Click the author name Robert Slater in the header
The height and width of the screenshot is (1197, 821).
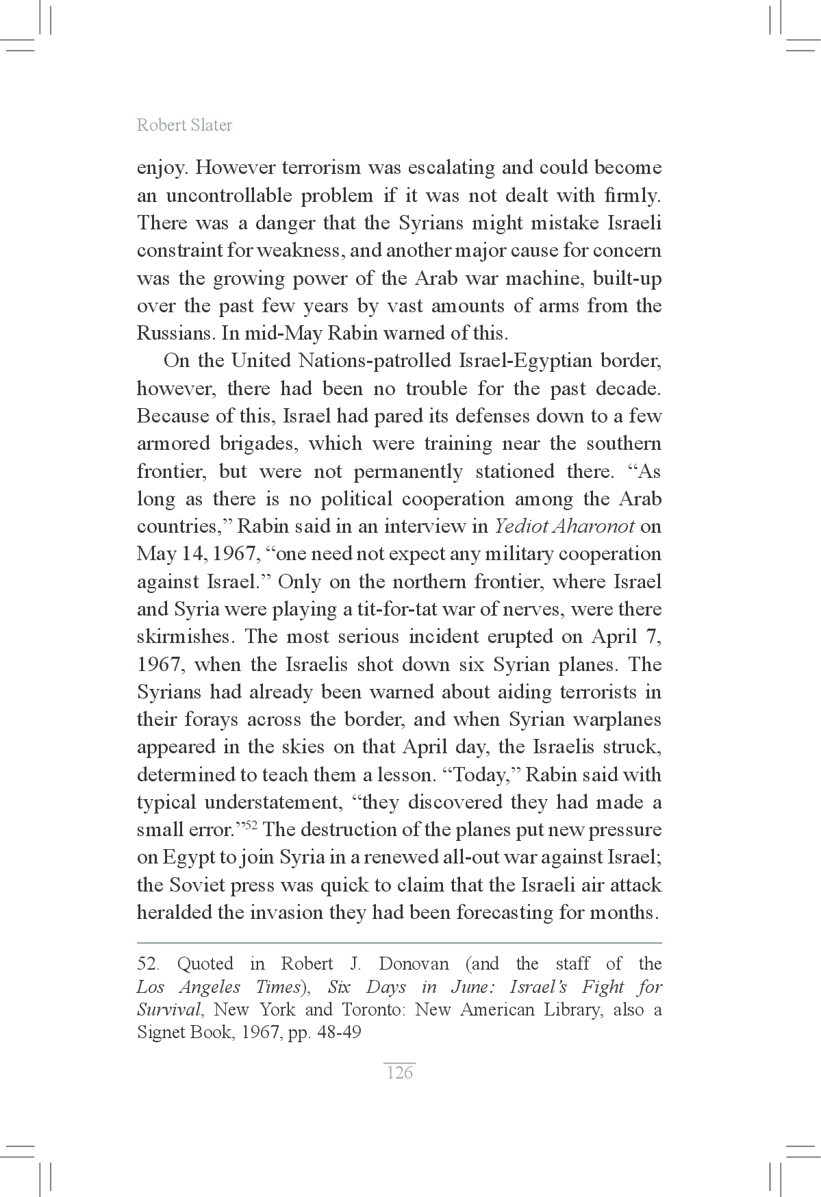[184, 125]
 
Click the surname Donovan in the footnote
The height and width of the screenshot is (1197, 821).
[414, 964]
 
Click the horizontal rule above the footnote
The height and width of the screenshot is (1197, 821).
[399, 943]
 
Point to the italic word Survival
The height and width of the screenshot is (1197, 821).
[168, 1010]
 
